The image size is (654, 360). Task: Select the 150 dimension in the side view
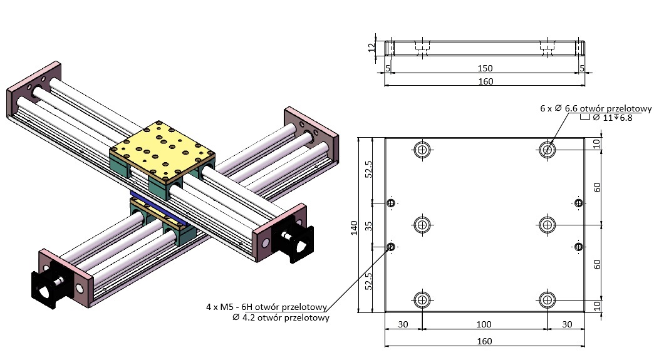click(485, 68)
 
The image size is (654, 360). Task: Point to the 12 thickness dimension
click(371, 47)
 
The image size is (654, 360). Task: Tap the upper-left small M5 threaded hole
click(392, 203)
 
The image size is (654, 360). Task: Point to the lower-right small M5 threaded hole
click(578, 247)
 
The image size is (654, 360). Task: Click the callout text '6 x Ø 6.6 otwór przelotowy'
click(596, 108)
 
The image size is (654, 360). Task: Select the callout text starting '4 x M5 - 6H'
click(267, 307)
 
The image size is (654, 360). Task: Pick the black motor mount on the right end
click(293, 240)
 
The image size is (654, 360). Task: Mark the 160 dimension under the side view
click(485, 81)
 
